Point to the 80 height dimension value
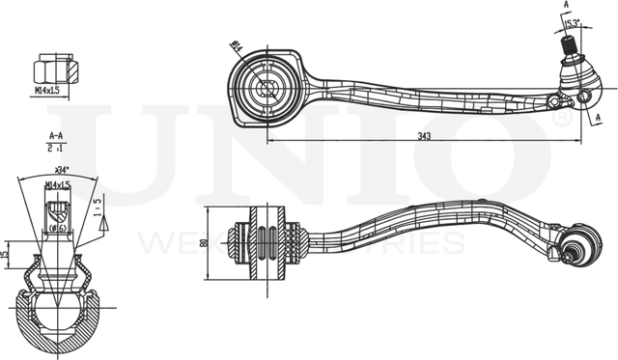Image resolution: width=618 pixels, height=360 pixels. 205,244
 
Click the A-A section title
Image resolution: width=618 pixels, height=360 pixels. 55,138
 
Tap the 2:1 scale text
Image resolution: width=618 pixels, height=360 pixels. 55,151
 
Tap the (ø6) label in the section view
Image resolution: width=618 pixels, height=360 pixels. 58,229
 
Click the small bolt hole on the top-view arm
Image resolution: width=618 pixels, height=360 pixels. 552,101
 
